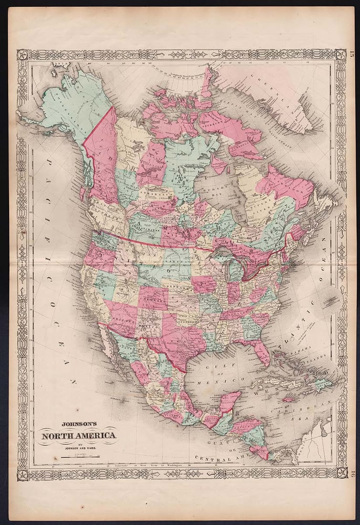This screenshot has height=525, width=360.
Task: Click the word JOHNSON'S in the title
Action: pos(79,423)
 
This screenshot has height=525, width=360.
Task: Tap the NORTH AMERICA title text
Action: pos(79,435)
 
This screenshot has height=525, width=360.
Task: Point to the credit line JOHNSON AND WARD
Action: pos(79,448)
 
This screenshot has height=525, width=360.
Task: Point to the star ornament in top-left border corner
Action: pos(22,54)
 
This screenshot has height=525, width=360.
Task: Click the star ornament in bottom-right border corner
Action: pos(341,472)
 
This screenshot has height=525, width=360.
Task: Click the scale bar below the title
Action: pos(80,457)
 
